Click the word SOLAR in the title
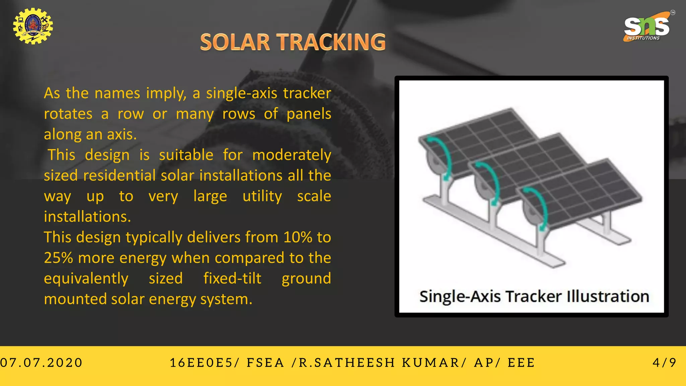pos(235,42)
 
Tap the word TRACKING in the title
pos(332,42)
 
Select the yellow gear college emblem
pos(33,26)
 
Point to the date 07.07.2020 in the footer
pos(41,363)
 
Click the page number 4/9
pos(665,362)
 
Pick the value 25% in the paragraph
pos(58,258)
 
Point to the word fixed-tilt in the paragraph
pos(232,278)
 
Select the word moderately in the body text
pos(291,155)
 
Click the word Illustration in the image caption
pos(608,297)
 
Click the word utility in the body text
pos(262,196)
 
